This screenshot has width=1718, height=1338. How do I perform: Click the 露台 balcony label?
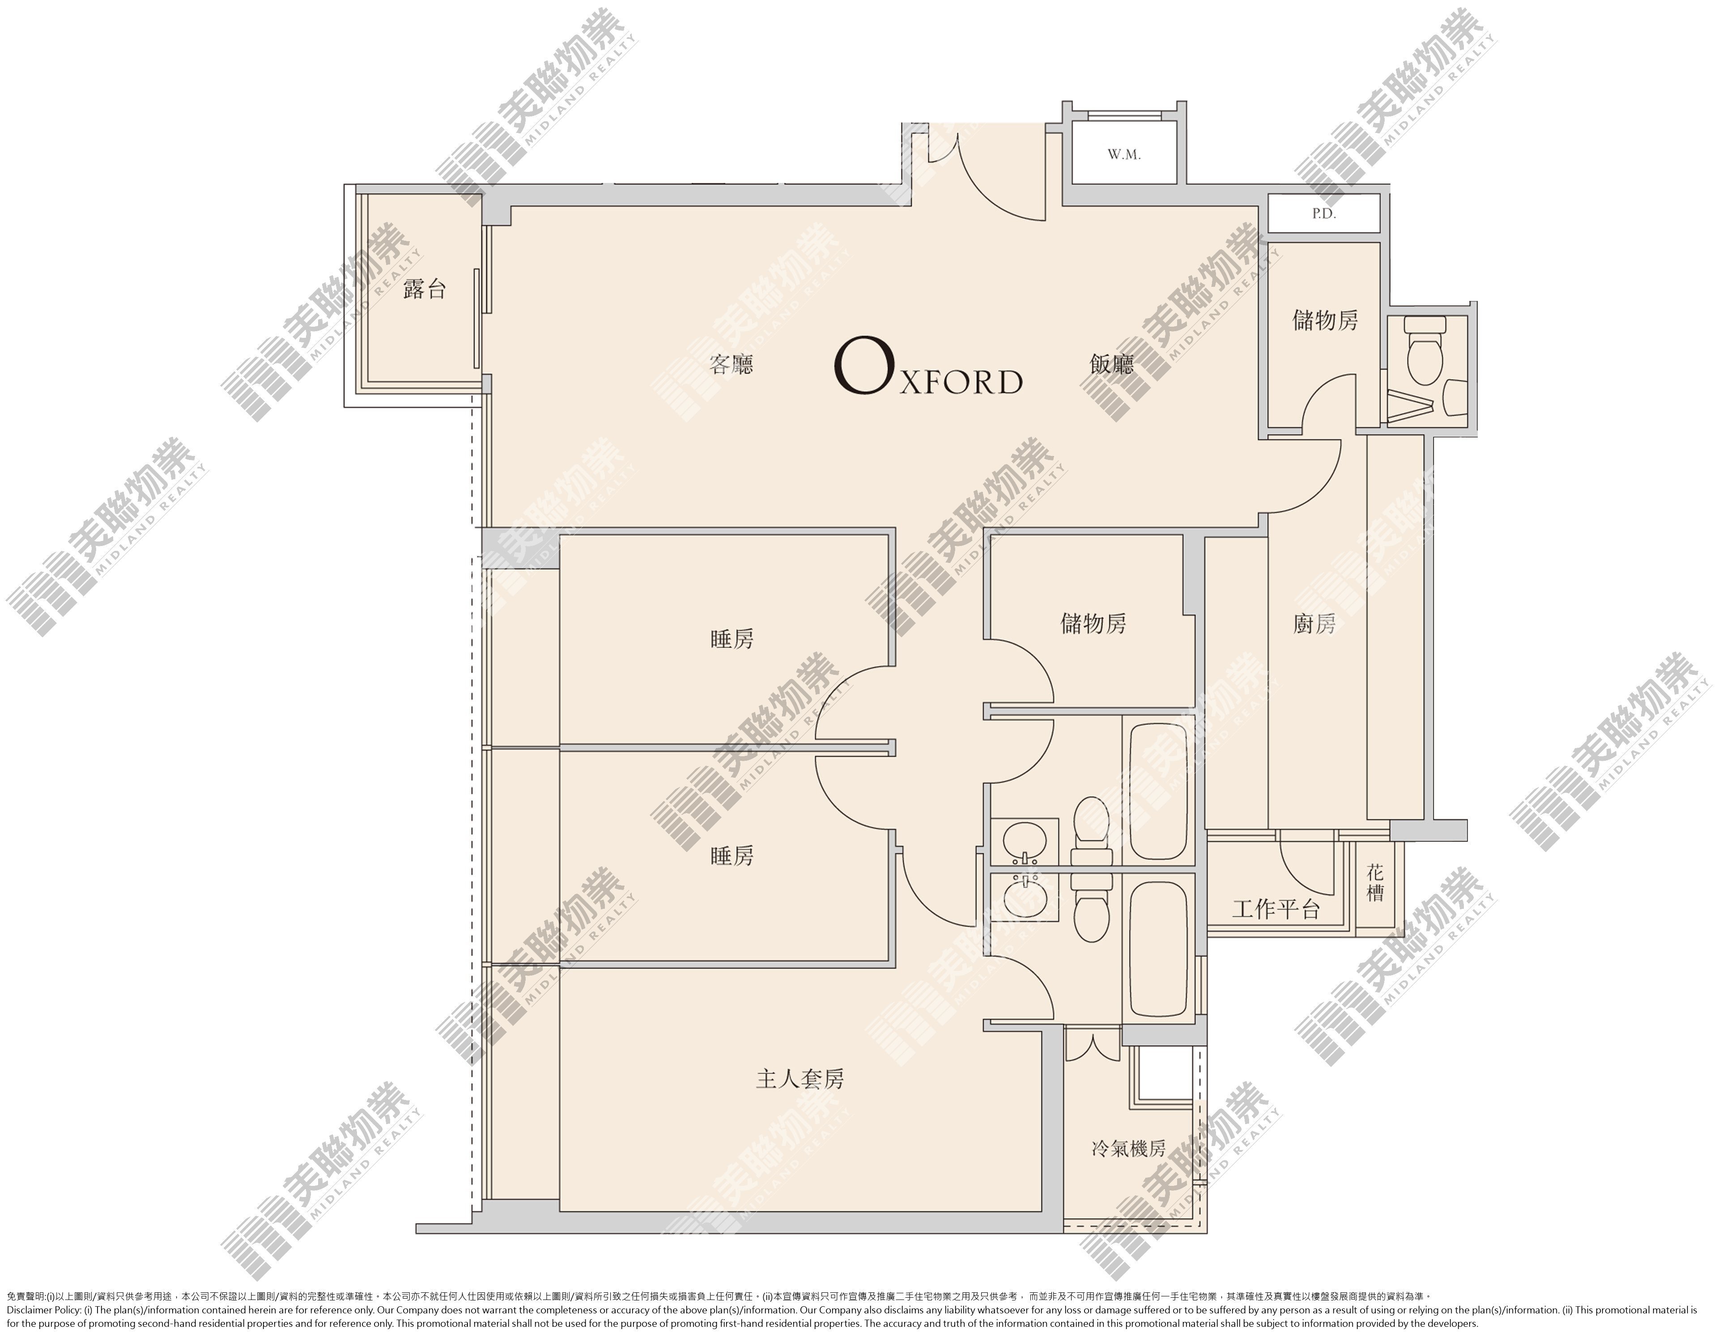pos(424,290)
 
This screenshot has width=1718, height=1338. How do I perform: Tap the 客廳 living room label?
pos(731,364)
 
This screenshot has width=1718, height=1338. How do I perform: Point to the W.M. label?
pos(1124,155)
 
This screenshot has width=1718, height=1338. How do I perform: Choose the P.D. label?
pos(1324,213)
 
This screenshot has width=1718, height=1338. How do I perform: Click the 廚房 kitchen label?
pos(1314,624)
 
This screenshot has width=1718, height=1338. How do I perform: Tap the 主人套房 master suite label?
pos(800,1079)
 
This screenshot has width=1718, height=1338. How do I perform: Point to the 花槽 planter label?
pos(1375,882)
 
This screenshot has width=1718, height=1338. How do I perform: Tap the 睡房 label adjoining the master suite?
pos(731,856)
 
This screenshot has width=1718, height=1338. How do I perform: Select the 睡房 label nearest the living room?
pos(731,639)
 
